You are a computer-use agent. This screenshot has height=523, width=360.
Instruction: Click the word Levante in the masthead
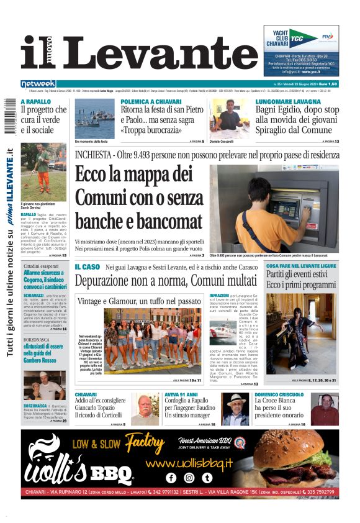click(160, 52)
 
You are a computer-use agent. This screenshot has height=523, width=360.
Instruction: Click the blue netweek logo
click(38, 84)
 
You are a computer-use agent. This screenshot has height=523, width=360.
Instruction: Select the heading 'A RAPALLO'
click(36, 101)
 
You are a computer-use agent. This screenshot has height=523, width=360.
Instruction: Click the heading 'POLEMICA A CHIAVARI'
click(151, 101)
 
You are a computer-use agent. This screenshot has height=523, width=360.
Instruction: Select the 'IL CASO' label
click(87, 266)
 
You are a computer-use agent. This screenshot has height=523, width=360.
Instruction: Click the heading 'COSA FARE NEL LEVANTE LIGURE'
click(301, 266)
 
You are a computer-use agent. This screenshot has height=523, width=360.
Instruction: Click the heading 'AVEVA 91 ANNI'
click(182, 394)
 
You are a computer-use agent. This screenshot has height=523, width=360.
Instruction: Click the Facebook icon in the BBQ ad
click(171, 478)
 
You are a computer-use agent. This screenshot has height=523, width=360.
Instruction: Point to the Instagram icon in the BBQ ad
click(189, 478)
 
